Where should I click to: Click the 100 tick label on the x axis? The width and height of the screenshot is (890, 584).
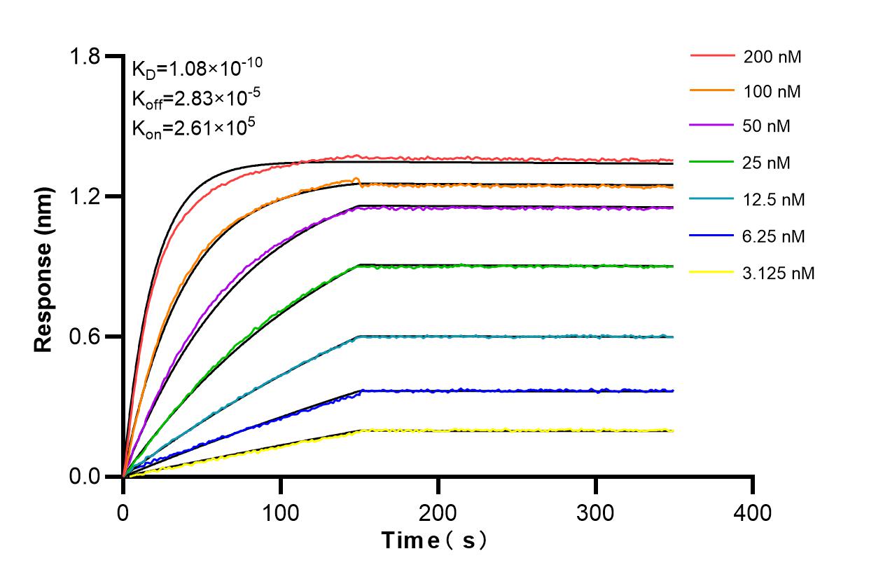281,512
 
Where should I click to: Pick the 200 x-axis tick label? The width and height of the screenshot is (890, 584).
438,512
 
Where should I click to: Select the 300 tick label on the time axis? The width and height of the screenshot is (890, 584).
596,512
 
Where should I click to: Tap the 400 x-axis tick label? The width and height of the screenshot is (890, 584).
753,512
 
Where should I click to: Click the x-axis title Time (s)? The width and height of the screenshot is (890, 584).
433,541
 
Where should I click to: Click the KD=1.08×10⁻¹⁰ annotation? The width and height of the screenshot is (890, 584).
197,68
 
